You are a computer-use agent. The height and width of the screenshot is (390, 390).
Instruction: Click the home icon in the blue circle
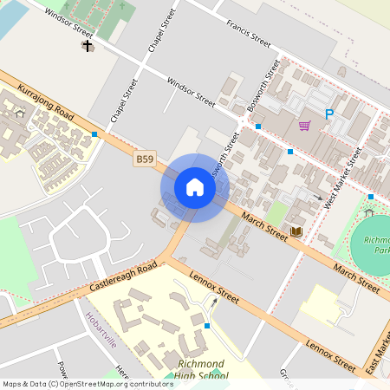pyautogui.click(x=195, y=187)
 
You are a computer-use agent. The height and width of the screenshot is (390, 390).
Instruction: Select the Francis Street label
pyautogui.click(x=249, y=33)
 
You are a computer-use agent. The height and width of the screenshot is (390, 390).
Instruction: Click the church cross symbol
pyautogui.click(x=87, y=45)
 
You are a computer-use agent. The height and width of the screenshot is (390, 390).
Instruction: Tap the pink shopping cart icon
pyautogui.click(x=304, y=126)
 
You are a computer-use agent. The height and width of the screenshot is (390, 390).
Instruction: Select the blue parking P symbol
pyautogui.click(x=328, y=114)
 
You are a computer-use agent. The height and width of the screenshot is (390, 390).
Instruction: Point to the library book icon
pyautogui.click(x=297, y=231)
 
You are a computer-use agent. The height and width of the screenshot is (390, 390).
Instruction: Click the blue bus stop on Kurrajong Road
pyautogui.click(x=94, y=133)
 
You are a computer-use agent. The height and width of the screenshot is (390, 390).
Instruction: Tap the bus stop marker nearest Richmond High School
pyautogui.click(x=207, y=326)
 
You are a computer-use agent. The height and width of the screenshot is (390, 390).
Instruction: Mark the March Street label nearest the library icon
pyautogui.click(x=264, y=227)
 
